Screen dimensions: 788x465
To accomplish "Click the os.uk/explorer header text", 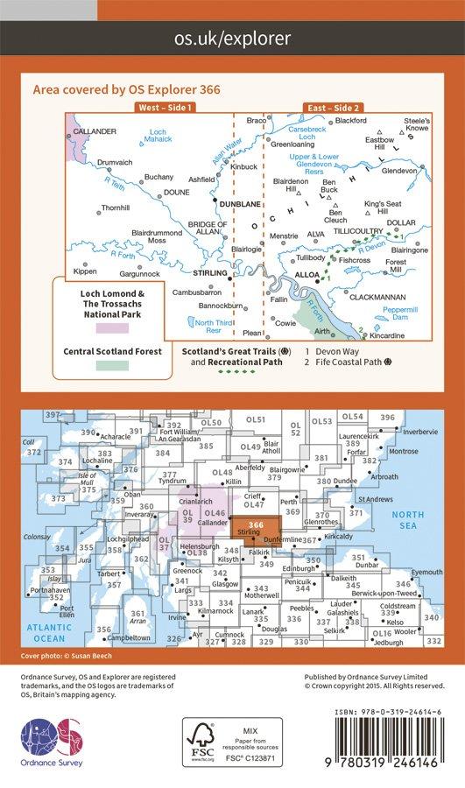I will (x=232, y=39).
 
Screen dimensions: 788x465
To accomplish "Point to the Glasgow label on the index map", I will (x=225, y=583).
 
